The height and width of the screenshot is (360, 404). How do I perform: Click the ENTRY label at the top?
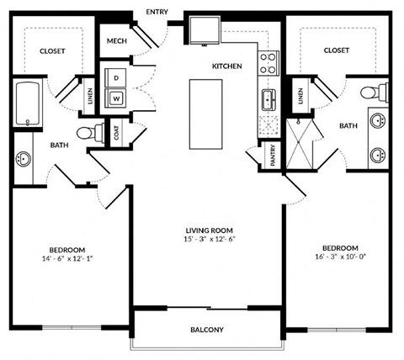click(x=157, y=12)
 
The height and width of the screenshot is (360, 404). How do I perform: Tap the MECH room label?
click(x=116, y=41)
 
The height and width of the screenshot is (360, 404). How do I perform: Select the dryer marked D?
click(x=115, y=77)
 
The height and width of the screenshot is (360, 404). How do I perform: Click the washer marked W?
click(x=115, y=98)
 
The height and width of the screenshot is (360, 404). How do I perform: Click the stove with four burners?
click(x=268, y=63)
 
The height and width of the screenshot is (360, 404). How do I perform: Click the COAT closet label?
click(x=117, y=132)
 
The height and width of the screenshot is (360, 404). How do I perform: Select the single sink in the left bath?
click(x=22, y=158)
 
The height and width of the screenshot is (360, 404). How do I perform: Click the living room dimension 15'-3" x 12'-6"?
click(x=209, y=240)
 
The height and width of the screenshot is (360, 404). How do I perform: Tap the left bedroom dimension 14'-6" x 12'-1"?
click(x=66, y=259)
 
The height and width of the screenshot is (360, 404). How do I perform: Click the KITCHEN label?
click(x=226, y=66)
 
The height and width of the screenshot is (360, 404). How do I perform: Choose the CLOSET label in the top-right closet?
click(x=336, y=50)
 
